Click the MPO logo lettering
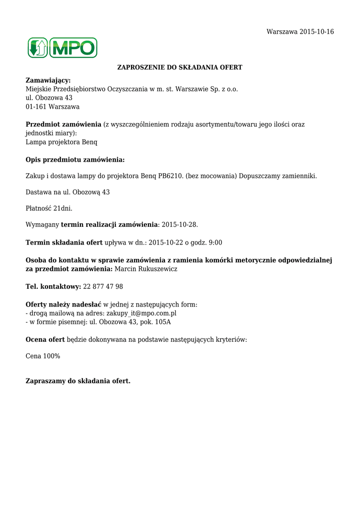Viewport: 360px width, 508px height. [72, 48]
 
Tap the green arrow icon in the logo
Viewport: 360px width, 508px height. [38, 48]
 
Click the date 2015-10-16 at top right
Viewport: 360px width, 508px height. [317, 32]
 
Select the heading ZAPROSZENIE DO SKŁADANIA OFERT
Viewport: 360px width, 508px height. [179, 67]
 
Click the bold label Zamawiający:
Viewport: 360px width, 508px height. [48, 80]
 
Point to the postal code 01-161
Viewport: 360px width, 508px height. [35, 107]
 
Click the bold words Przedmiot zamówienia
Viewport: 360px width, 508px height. [63, 125]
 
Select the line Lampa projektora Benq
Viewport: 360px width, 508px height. [62, 142]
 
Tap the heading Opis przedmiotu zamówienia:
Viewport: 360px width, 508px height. [75, 160]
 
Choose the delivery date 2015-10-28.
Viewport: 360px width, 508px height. [179, 225]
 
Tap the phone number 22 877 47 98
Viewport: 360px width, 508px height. [103, 287]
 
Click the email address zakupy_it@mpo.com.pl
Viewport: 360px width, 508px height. [142, 314]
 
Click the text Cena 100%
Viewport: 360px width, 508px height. [43, 356]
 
